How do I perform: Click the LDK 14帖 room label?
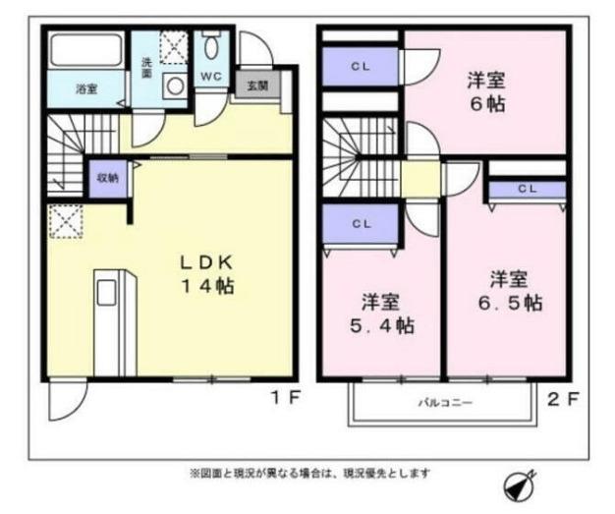[207, 274]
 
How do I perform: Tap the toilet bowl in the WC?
[211, 45]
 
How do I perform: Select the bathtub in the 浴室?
[86, 51]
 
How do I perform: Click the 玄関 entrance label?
[257, 86]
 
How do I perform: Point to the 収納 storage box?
[108, 178]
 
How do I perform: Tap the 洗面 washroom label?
[146, 68]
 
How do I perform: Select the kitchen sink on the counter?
[106, 292]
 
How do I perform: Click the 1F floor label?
[286, 398]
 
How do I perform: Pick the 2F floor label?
[563, 399]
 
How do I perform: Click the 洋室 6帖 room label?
[486, 91]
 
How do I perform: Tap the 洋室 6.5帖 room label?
[510, 291]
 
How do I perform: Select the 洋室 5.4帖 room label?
[381, 314]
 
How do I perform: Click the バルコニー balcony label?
[445, 403]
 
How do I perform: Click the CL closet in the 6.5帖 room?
[528, 189]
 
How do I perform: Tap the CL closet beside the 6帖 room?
[360, 67]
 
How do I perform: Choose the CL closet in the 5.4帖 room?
[361, 224]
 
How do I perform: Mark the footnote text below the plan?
[309, 473]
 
